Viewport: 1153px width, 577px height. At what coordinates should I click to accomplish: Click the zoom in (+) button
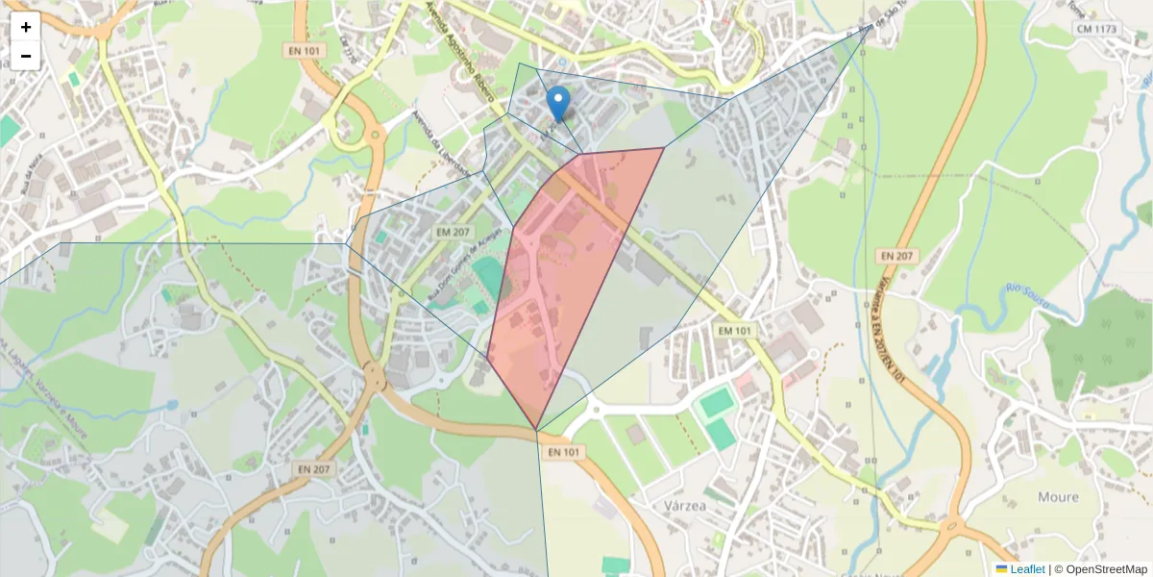click(26, 27)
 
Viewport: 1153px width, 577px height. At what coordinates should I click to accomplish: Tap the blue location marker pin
click(557, 104)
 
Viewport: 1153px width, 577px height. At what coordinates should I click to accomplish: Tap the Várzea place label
click(685, 505)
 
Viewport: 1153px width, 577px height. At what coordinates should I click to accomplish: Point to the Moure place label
click(1058, 497)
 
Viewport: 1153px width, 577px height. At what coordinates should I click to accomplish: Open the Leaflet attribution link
click(1026, 569)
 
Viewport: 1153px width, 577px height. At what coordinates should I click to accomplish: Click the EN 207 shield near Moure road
click(897, 257)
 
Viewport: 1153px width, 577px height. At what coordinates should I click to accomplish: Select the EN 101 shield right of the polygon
click(735, 330)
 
